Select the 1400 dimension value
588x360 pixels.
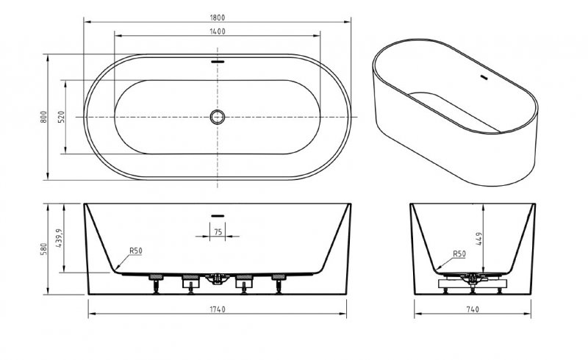click(218, 31)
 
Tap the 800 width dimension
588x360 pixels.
click(44, 117)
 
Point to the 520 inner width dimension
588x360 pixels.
click(62, 117)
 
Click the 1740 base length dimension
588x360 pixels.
click(218, 309)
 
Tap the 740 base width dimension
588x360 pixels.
click(472, 309)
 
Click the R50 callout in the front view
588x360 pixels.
click(135, 251)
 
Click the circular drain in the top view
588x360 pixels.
click(218, 117)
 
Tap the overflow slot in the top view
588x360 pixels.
click(218, 62)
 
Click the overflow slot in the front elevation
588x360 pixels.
click(218, 215)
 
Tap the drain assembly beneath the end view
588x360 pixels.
click(471, 278)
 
